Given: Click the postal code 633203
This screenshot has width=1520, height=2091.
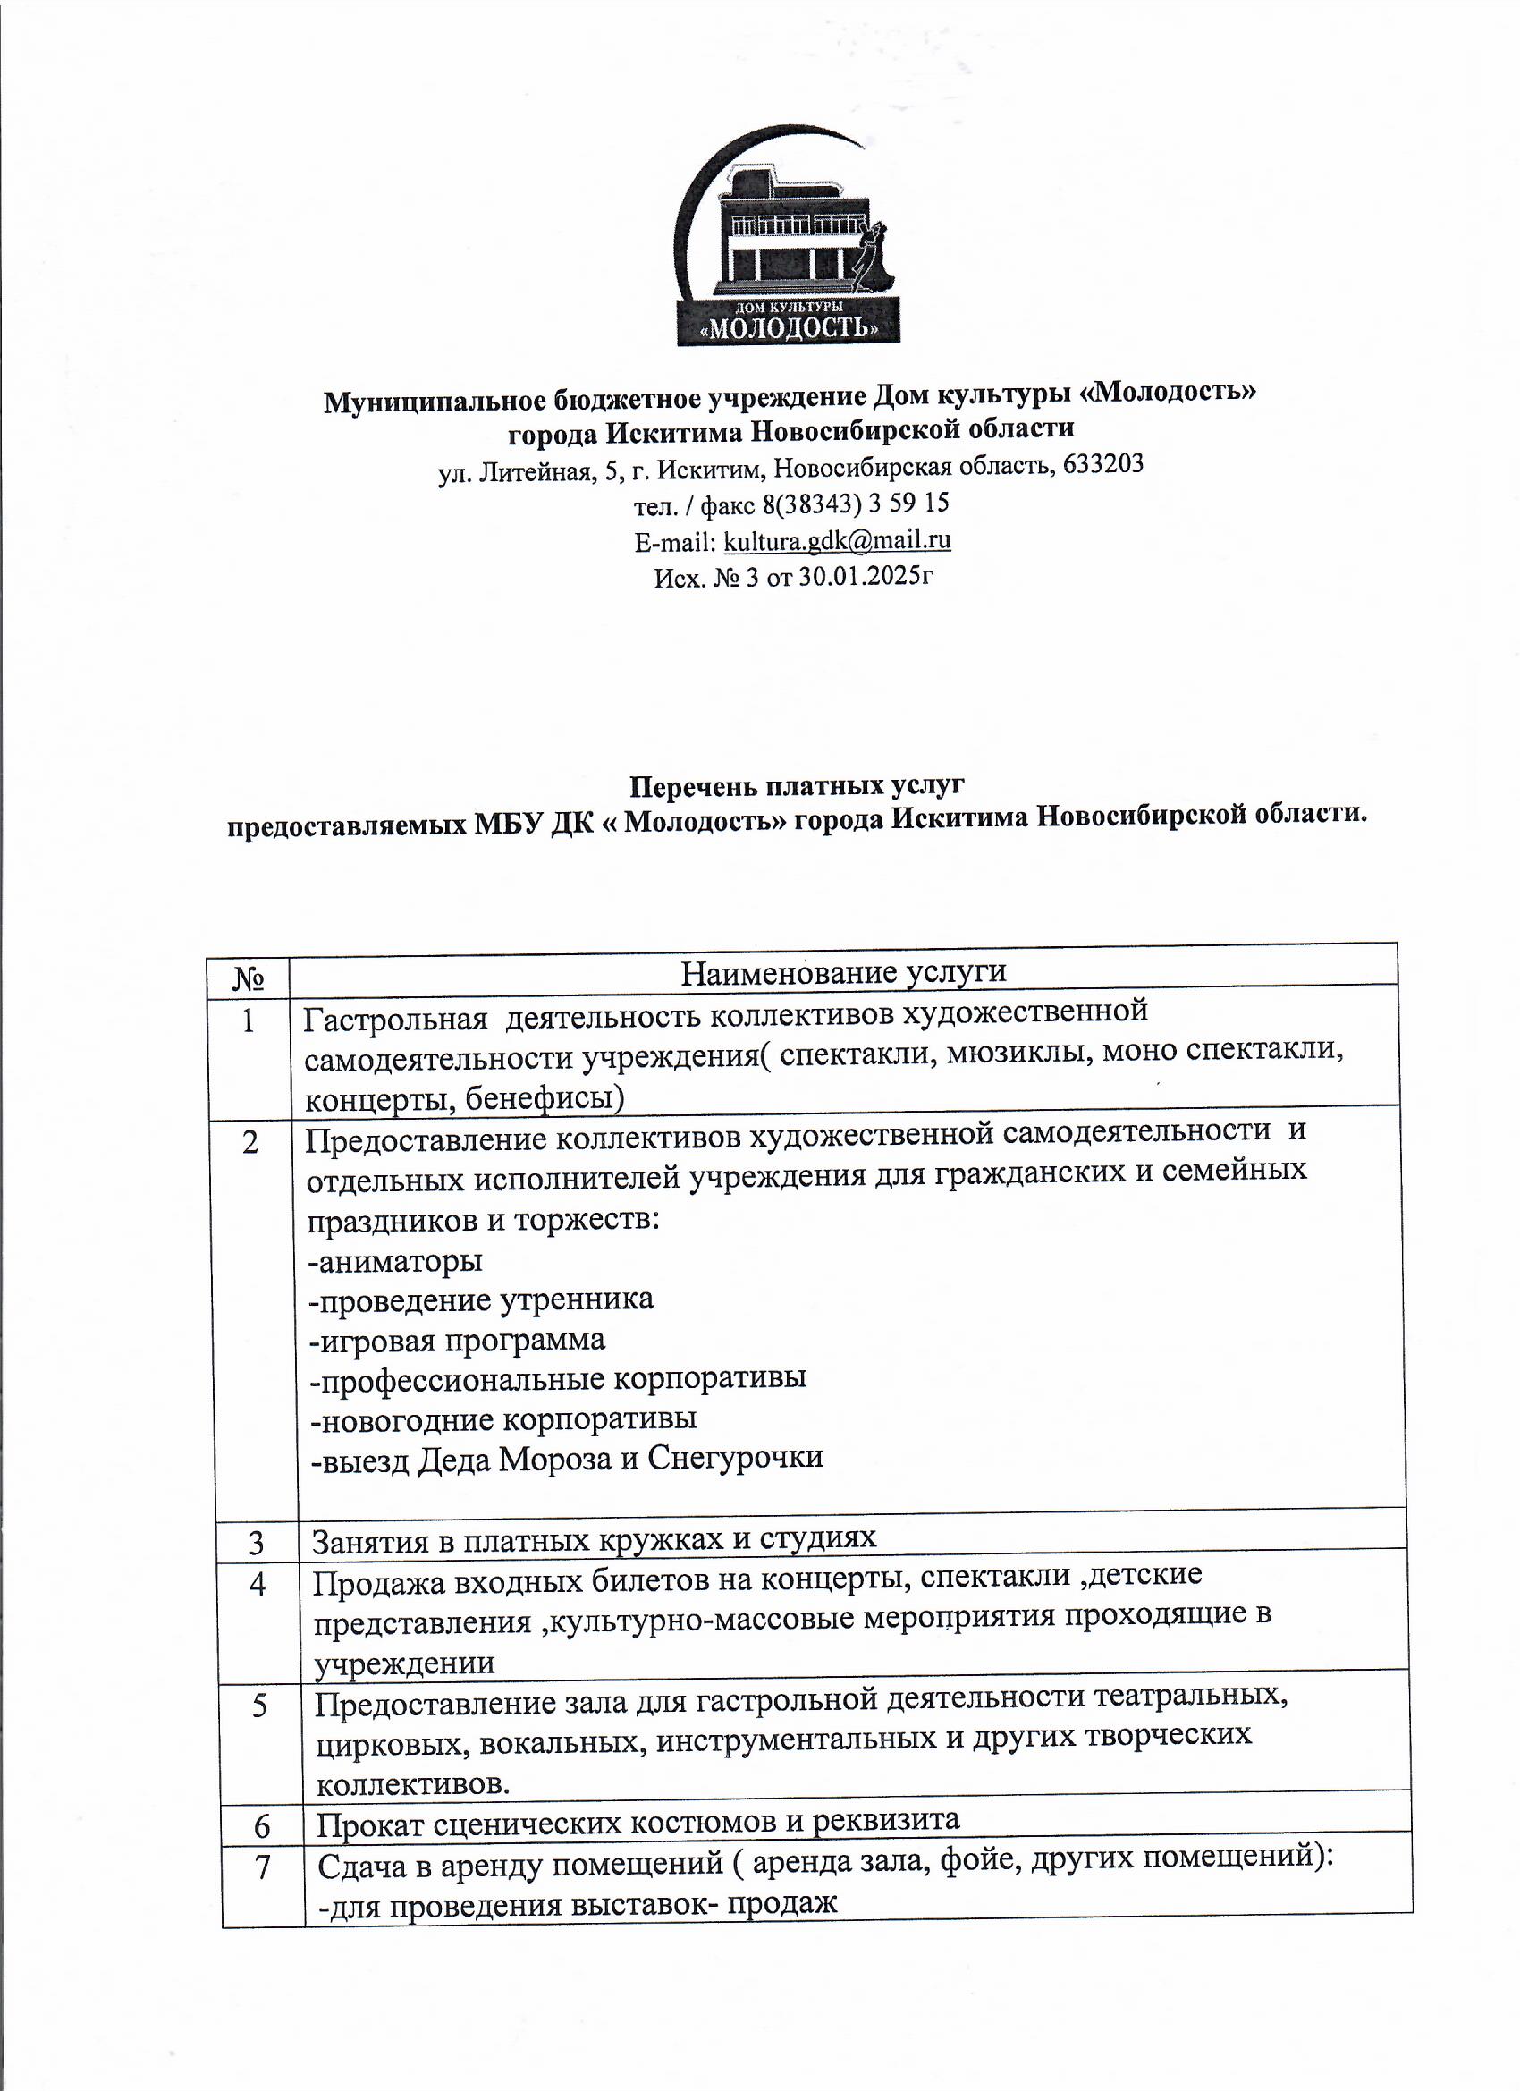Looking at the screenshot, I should click(x=1103, y=464).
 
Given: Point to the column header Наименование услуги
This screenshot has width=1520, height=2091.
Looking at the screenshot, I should click(x=842, y=972).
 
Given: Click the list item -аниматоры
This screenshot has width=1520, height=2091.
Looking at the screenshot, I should click(x=396, y=1260).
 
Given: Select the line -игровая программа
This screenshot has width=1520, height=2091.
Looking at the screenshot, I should click(x=458, y=1340).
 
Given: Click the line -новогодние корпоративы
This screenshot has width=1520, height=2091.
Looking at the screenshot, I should click(x=504, y=1418).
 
